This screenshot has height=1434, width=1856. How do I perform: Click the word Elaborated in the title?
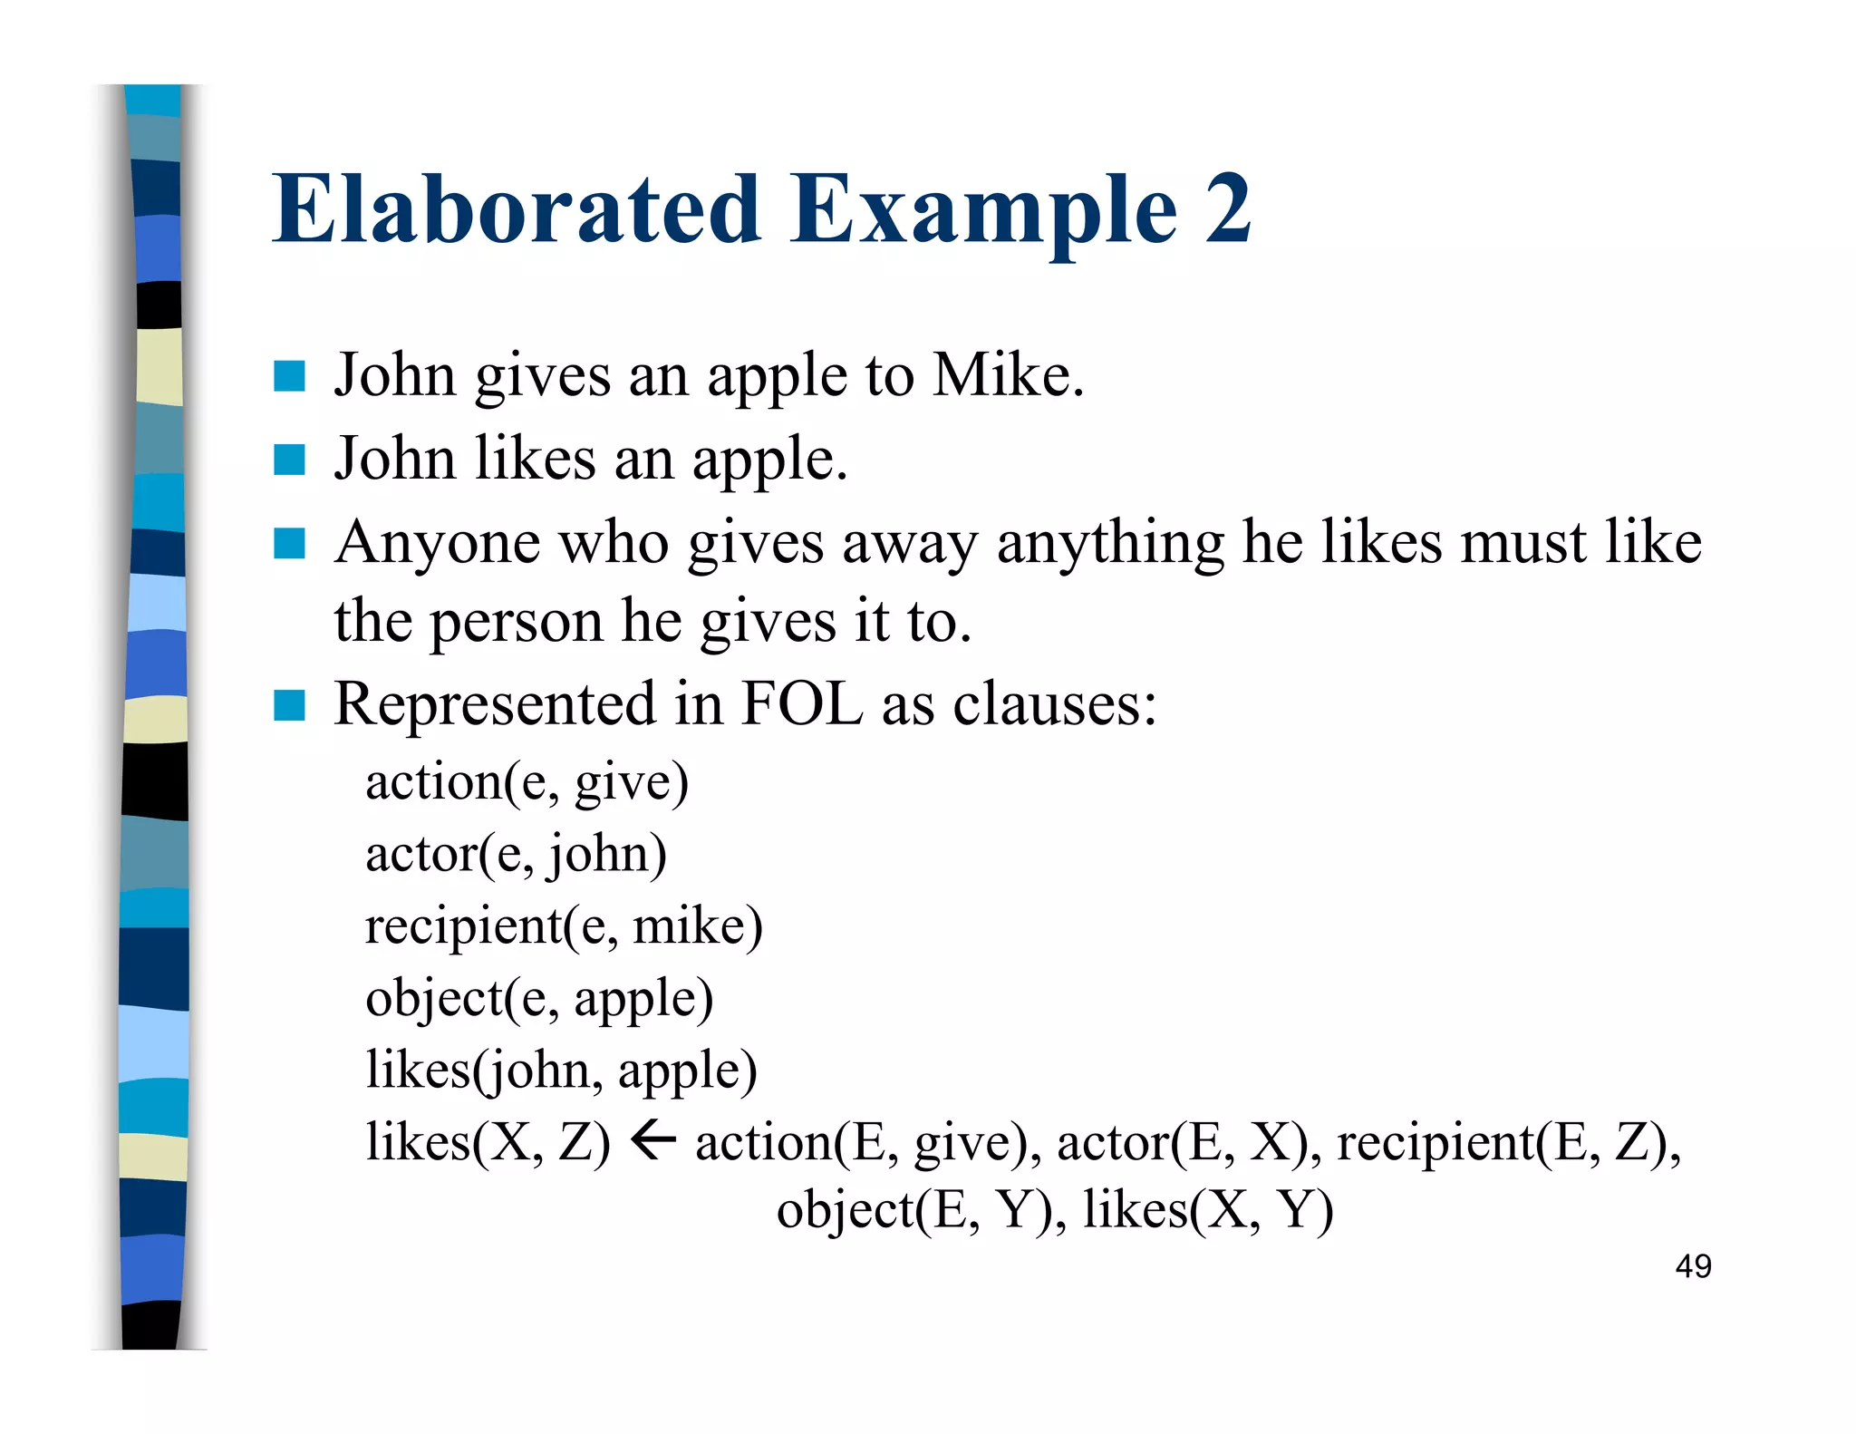pyautogui.click(x=517, y=210)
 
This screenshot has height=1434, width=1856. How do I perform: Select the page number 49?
pyautogui.click(x=1693, y=1266)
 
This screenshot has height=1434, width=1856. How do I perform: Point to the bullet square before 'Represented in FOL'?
pyautogui.click(x=289, y=704)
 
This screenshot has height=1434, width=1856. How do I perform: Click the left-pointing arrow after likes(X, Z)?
pyautogui.click(x=652, y=1139)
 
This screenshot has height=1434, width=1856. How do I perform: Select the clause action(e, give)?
pyautogui.click(x=527, y=782)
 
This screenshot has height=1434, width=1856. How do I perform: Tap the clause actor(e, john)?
pyautogui.click(x=516, y=854)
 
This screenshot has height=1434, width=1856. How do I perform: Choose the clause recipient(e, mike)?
pyautogui.click(x=564, y=926)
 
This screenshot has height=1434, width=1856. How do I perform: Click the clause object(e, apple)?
pyautogui.click(x=539, y=999)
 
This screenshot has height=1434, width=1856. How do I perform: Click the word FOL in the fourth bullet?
pyautogui.click(x=801, y=704)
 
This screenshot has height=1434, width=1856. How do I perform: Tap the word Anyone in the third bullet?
pyautogui.click(x=437, y=543)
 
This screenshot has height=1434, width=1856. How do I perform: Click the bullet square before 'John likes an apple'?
pyautogui.click(x=289, y=460)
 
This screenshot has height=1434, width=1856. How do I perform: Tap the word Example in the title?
pyautogui.click(x=983, y=210)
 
